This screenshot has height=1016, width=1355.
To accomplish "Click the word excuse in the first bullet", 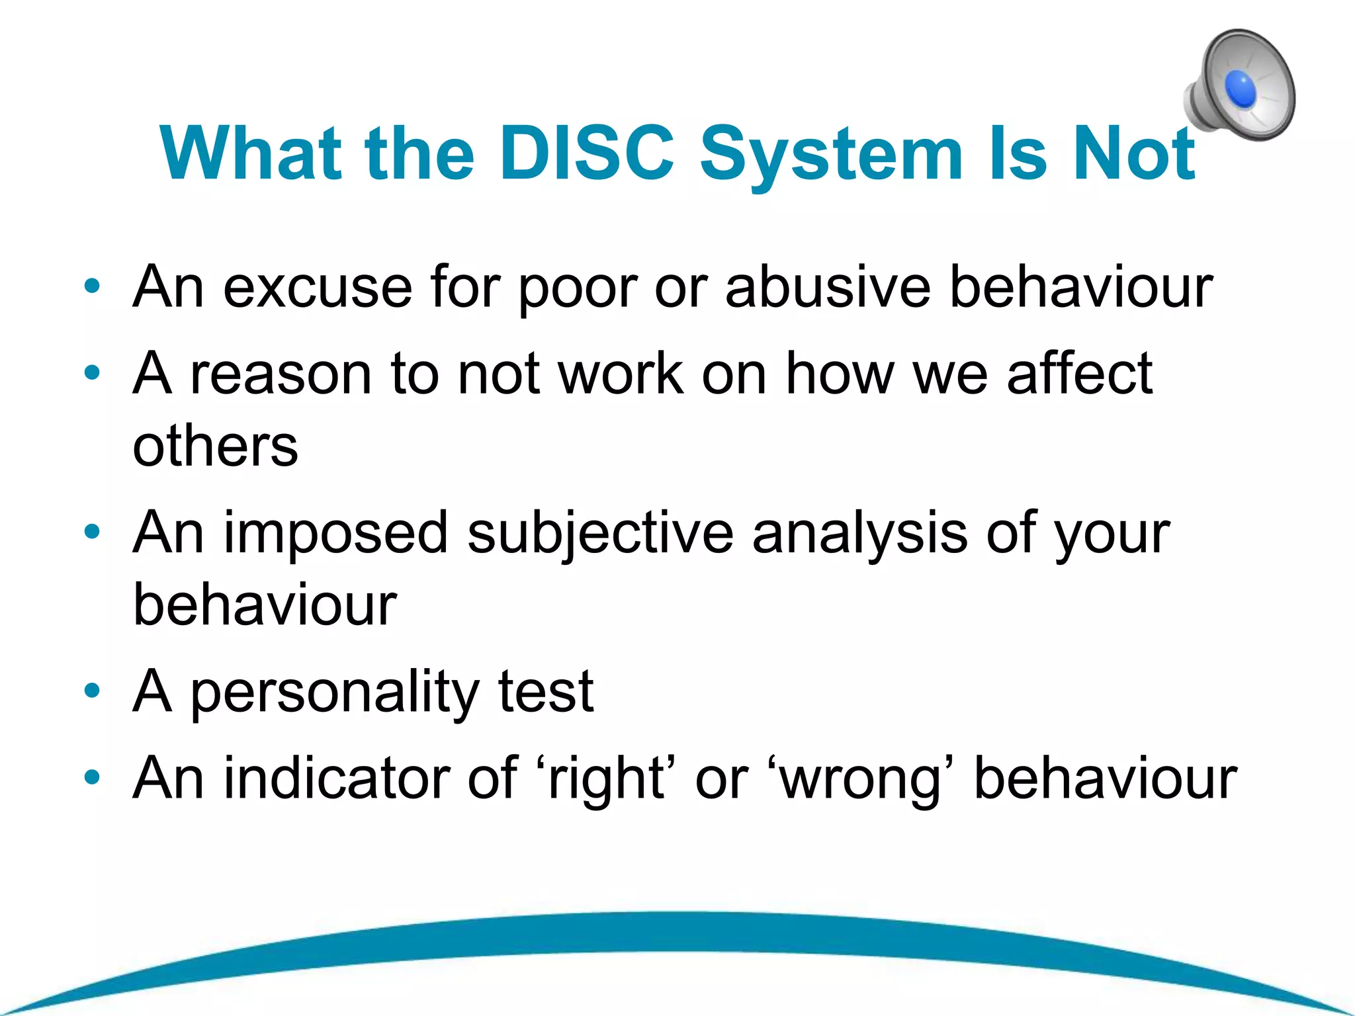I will (x=318, y=287).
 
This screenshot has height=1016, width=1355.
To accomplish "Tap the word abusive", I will (x=828, y=287).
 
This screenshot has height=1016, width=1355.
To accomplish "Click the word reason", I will (x=281, y=374).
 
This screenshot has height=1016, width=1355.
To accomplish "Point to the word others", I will (x=215, y=446).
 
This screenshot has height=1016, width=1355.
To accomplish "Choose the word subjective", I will (x=600, y=534).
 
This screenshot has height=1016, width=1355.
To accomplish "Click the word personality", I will (x=335, y=692).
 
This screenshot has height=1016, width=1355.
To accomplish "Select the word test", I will (x=545, y=692).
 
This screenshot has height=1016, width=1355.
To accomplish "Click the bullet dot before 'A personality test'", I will (x=92, y=691).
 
